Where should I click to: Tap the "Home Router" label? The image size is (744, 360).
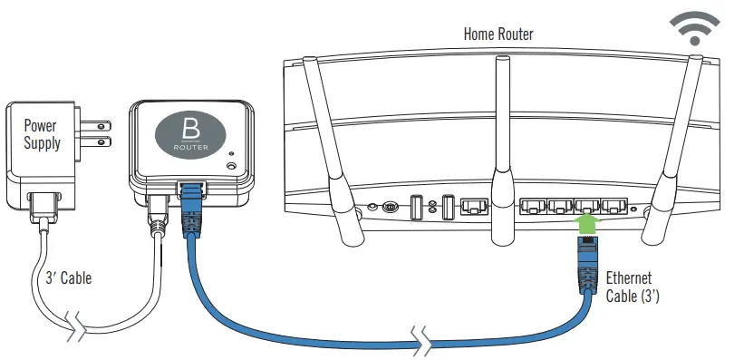coord(498,34)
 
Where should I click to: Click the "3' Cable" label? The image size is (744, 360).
coord(69,278)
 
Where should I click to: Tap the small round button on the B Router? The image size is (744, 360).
coord(232,165)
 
